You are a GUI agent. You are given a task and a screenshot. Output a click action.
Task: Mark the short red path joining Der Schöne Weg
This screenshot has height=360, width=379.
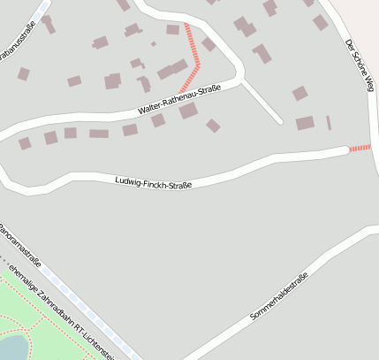pos(360,148)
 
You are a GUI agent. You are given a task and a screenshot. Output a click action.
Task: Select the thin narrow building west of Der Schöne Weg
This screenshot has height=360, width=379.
pos(329,122)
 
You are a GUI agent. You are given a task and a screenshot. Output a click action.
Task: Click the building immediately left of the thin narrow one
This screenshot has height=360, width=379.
pos(305,123)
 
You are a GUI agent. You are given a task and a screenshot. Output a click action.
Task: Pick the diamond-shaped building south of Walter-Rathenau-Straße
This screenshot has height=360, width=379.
pos(213,126)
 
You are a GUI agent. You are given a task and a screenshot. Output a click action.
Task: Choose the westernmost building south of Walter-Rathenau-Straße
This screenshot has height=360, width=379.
pos(25,142)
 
